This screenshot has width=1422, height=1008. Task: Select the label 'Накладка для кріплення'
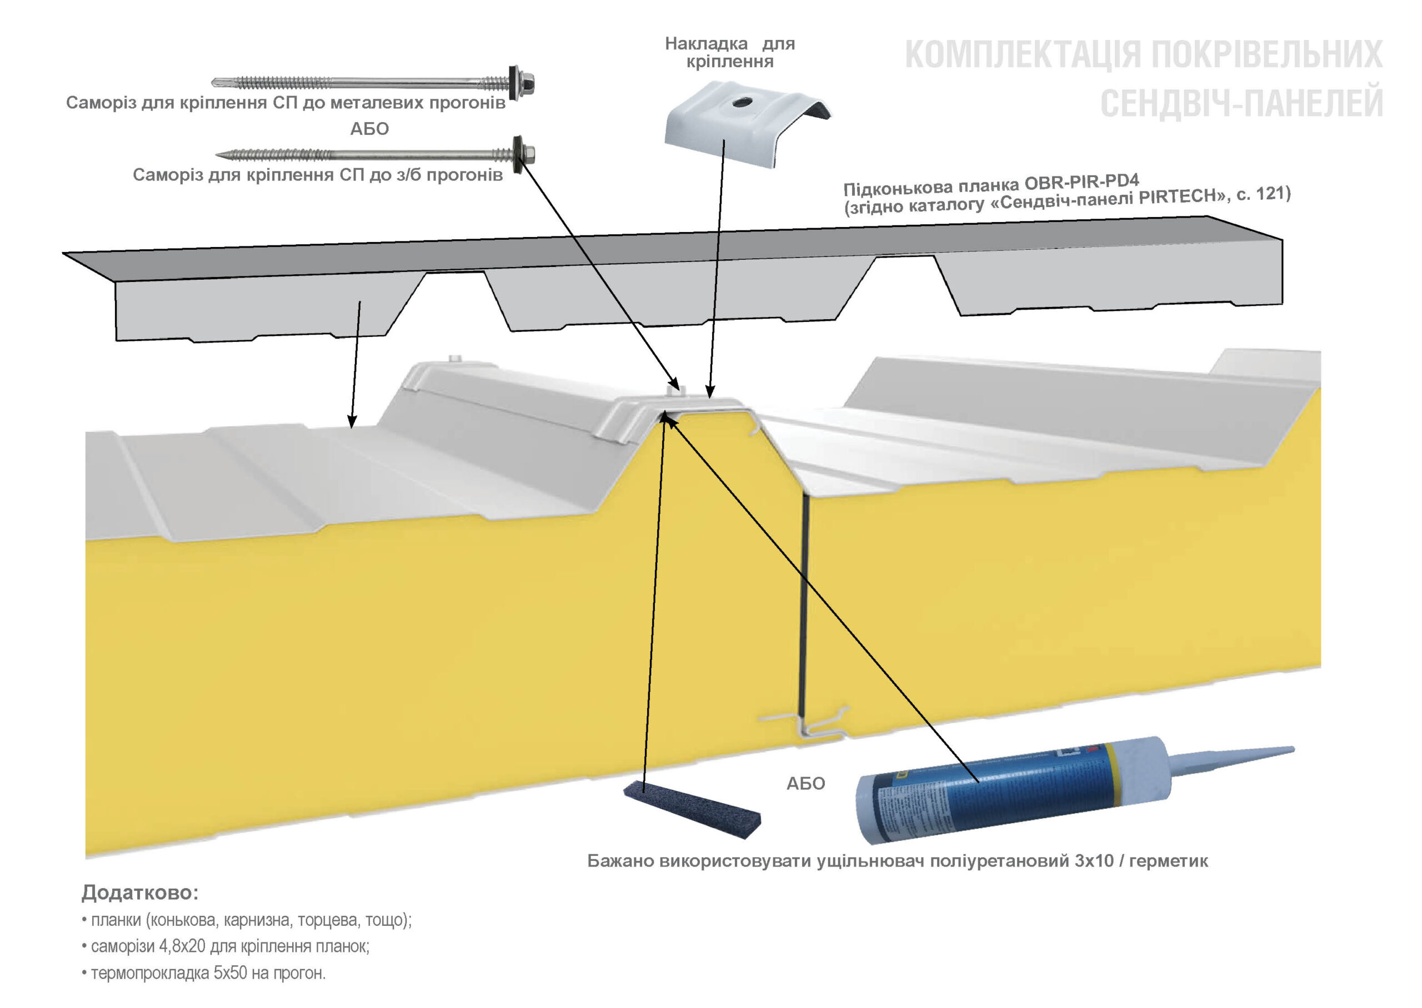(x=730, y=52)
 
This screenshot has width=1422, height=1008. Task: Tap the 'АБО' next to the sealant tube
(x=805, y=783)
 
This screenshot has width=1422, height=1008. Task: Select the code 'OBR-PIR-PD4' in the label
(x=1081, y=182)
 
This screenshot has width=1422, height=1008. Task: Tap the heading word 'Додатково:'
(x=140, y=893)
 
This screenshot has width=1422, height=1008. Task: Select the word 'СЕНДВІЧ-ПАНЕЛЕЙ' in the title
(x=1241, y=103)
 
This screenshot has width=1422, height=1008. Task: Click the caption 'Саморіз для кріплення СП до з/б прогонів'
(x=317, y=175)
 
